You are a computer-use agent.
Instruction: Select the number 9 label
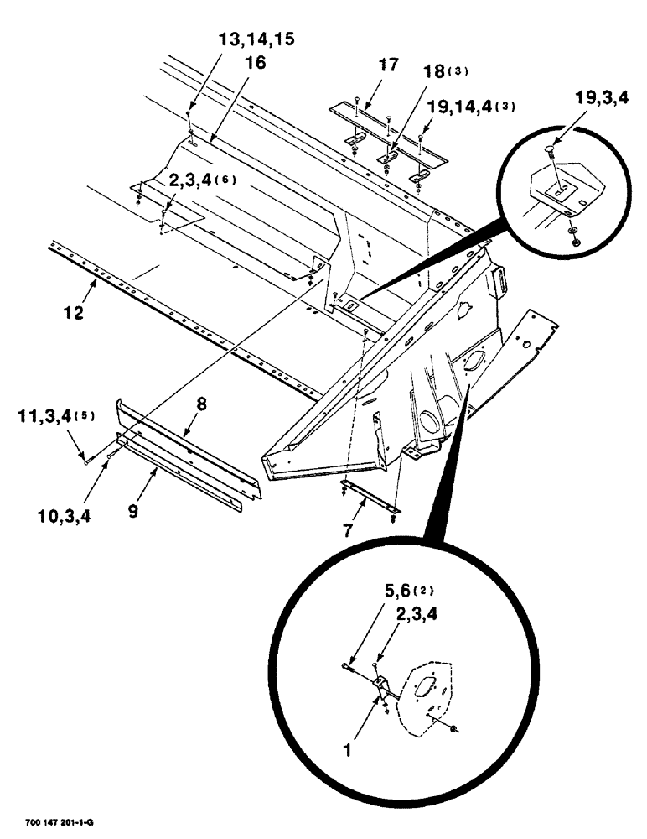coord(133,508)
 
